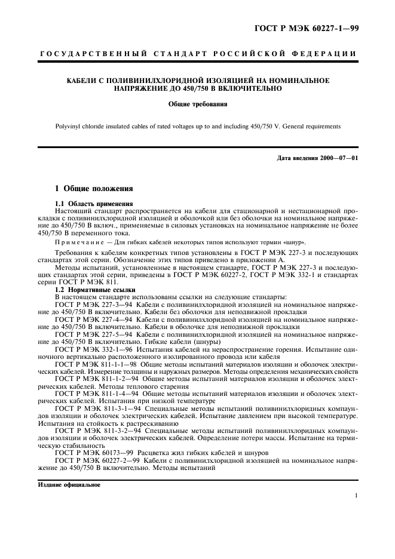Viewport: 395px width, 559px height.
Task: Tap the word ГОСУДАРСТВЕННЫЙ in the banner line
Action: point(93,54)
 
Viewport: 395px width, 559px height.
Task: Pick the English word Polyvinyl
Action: point(69,127)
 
